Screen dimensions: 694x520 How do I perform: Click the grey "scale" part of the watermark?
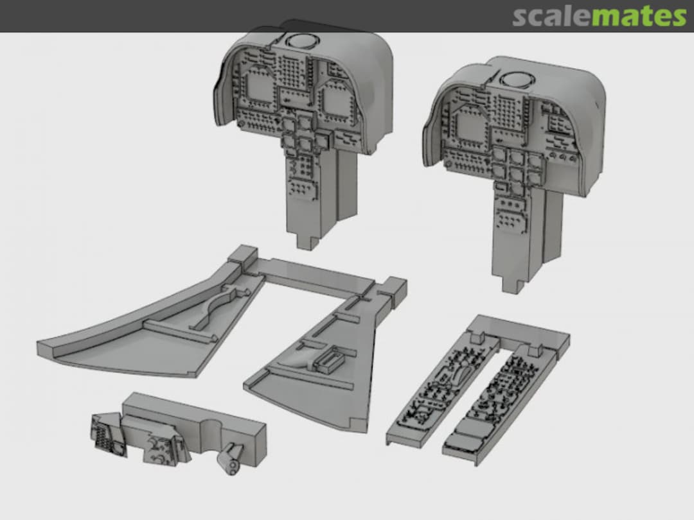pyautogui.click(x=551, y=16)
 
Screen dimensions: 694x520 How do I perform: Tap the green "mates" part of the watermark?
pyautogui.click(x=639, y=16)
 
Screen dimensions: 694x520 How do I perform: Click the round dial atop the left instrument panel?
pyautogui.click(x=301, y=42)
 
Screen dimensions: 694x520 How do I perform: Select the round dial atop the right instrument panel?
pyautogui.click(x=517, y=80)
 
